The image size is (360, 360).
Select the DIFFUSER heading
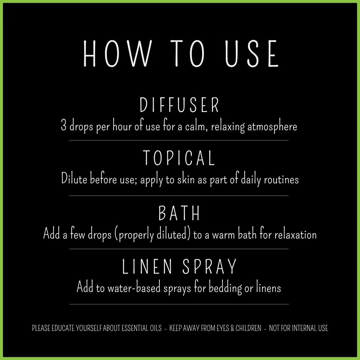point(180,105)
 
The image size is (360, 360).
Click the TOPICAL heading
point(179,158)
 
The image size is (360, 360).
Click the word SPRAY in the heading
point(209,266)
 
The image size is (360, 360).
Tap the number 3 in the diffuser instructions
point(64,126)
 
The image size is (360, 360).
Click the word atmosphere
point(272,127)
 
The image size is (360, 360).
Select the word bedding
point(220,288)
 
